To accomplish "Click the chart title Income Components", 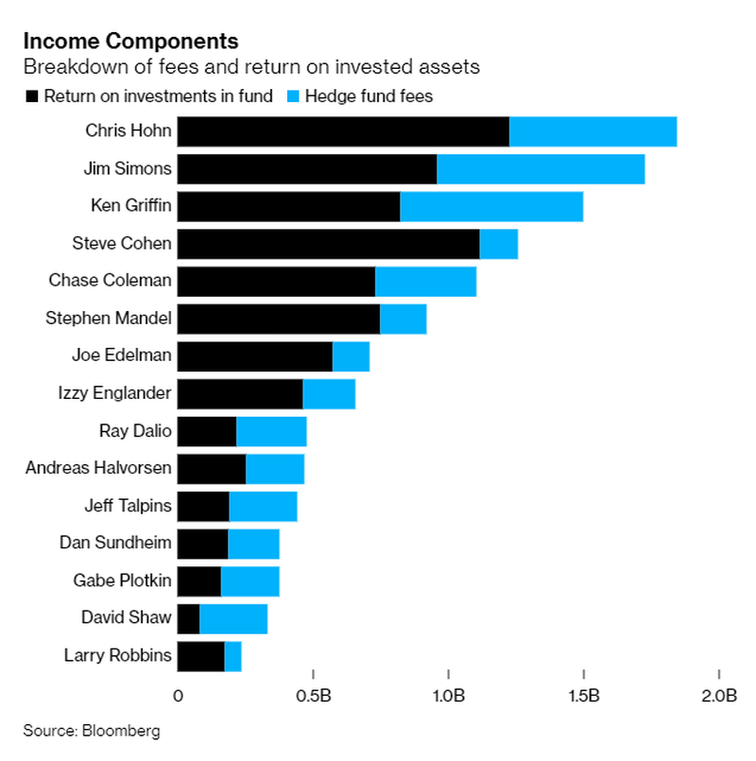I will [x=130, y=42].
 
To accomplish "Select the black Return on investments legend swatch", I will [x=32, y=95].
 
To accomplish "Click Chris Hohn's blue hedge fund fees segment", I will [x=593, y=131].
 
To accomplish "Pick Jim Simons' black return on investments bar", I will [x=307, y=169].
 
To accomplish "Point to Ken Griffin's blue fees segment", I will [x=491, y=206].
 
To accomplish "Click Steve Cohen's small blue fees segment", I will [x=498, y=244].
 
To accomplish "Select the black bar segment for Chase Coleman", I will [x=276, y=282].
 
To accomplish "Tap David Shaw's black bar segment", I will [x=188, y=619].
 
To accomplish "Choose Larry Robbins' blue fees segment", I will [x=232, y=656].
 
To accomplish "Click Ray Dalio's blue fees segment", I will [x=271, y=432].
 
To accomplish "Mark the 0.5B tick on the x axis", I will [x=313, y=698].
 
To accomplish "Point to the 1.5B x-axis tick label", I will [x=584, y=698].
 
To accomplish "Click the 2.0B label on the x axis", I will [x=718, y=698].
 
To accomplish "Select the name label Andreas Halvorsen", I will [x=98, y=468].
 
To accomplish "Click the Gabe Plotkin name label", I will [x=122, y=580].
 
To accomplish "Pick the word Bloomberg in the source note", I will [x=121, y=731].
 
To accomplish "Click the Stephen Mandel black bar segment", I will [x=279, y=319].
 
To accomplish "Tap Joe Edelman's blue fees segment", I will [x=351, y=356].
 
